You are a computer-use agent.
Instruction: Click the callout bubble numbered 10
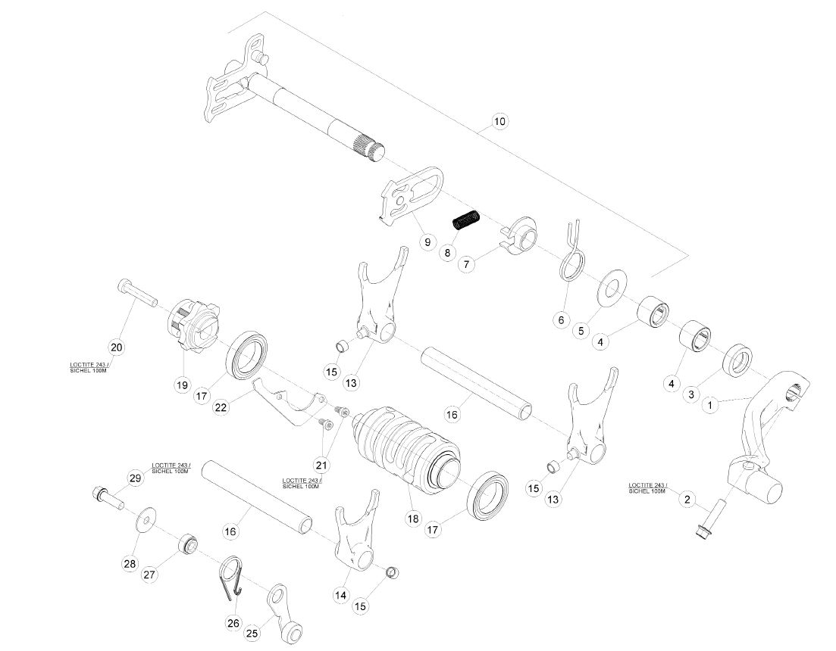(499, 121)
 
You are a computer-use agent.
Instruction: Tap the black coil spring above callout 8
(467, 220)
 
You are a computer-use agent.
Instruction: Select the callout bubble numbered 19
(183, 385)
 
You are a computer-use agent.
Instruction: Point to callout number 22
(221, 408)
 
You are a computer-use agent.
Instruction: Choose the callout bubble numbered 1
(709, 405)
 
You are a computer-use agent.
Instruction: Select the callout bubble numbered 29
(136, 478)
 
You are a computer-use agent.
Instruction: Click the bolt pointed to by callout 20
(137, 293)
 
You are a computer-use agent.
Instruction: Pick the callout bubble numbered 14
(341, 595)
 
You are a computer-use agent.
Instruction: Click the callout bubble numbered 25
(252, 633)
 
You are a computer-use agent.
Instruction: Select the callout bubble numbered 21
(321, 466)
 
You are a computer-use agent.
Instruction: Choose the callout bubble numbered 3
(691, 394)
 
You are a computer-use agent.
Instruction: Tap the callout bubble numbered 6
(561, 320)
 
